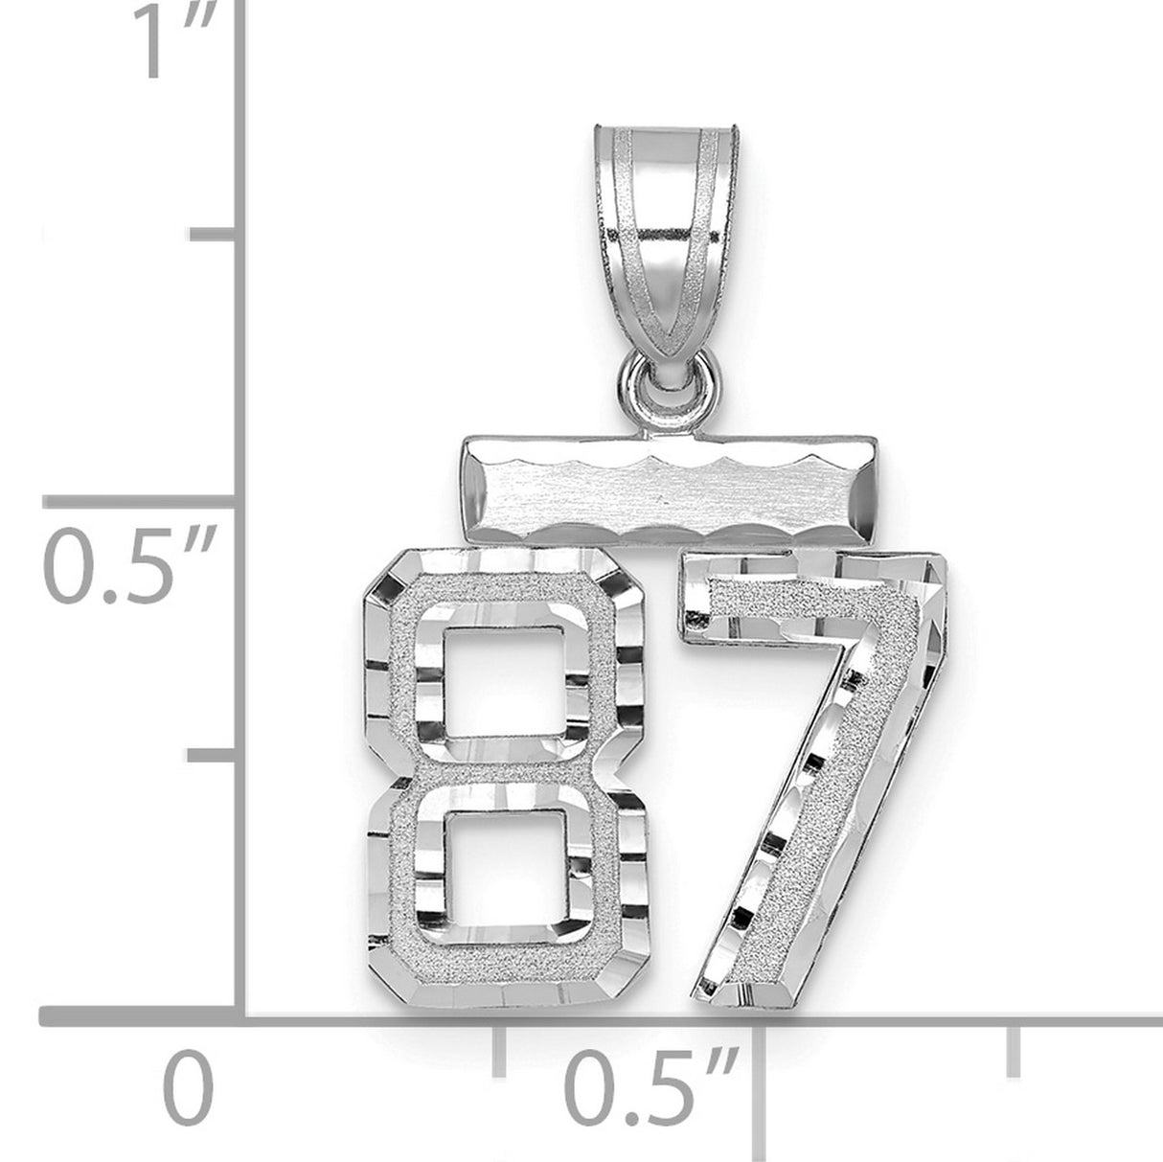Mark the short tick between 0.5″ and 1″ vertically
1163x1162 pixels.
pyautogui.click(x=217, y=236)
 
